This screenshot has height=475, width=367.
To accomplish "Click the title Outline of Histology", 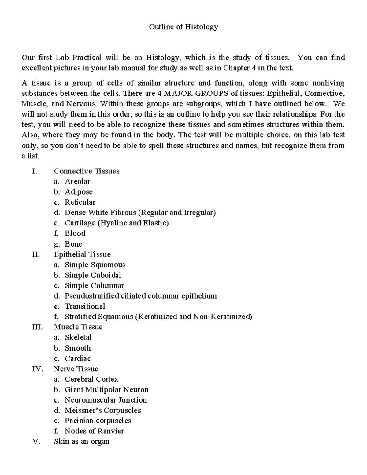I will [x=183, y=27].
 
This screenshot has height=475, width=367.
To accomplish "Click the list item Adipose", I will [x=79, y=192].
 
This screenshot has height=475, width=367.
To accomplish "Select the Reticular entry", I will [x=80, y=202].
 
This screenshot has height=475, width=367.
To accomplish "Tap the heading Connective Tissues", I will [x=87, y=171].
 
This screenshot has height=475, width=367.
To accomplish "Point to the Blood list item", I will [x=75, y=233].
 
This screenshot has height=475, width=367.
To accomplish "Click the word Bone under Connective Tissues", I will [x=73, y=244].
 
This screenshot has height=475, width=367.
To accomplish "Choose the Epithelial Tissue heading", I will [x=82, y=254].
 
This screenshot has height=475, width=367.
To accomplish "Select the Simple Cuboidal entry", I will [x=93, y=275].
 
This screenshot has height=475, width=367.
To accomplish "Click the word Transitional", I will [x=85, y=306].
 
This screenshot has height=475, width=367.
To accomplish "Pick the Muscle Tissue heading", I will [x=78, y=327].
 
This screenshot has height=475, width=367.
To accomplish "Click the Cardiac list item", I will [x=78, y=358].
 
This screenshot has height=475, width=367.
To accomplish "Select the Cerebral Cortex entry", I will [x=91, y=379].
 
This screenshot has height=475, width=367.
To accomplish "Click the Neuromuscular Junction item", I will [x=106, y=400].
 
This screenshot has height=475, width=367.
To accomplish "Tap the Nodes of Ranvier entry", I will [x=94, y=431].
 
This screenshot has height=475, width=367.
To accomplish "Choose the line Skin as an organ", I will [x=81, y=442].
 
